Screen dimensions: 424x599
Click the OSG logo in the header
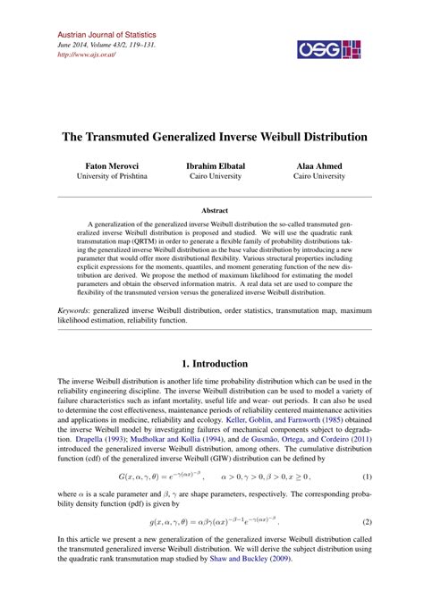click(334, 50)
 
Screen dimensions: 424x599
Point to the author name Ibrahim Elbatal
click(212, 166)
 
